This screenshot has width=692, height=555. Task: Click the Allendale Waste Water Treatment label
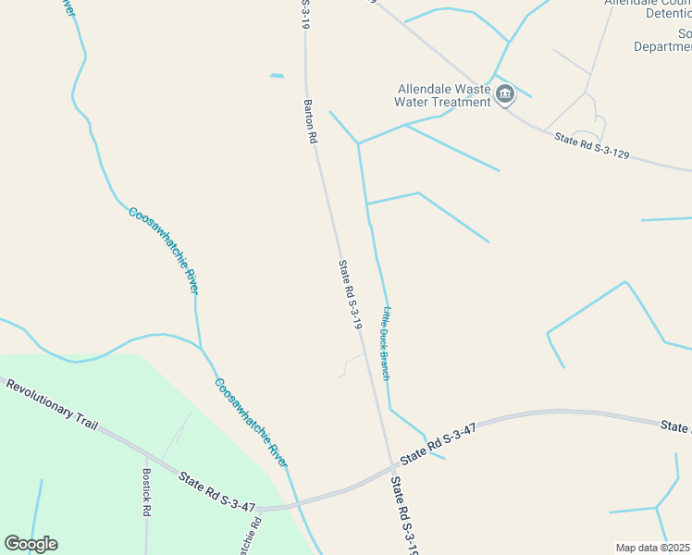point(443,94)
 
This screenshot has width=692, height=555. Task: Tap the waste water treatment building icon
point(505,93)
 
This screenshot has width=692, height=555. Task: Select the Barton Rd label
point(312,121)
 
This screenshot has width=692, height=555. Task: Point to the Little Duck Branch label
point(387,341)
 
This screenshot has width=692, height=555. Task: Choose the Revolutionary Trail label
point(51,401)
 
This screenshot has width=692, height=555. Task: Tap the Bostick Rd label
point(146,490)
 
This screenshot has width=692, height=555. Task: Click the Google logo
point(31,544)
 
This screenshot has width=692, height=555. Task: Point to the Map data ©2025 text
point(653,547)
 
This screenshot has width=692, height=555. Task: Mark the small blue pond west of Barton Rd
point(277,76)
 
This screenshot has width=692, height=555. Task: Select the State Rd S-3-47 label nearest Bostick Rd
point(217,489)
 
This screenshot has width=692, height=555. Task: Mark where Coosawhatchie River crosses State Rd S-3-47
point(294,505)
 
